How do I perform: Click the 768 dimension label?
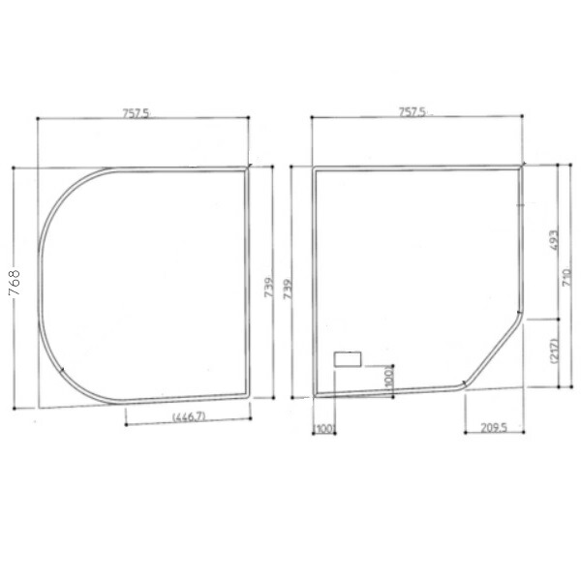pos(15,283)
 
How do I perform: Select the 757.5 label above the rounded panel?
pos(136,113)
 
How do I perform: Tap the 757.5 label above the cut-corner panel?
pos(413,112)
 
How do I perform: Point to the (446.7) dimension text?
pos(189,416)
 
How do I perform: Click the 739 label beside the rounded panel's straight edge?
pos(269,288)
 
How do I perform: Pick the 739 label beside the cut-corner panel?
pos(288,290)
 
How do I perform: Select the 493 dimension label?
pos(554,240)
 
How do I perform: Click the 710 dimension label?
pos(566,277)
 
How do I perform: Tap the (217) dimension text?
pos(554,351)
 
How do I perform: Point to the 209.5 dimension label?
pos(494,428)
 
